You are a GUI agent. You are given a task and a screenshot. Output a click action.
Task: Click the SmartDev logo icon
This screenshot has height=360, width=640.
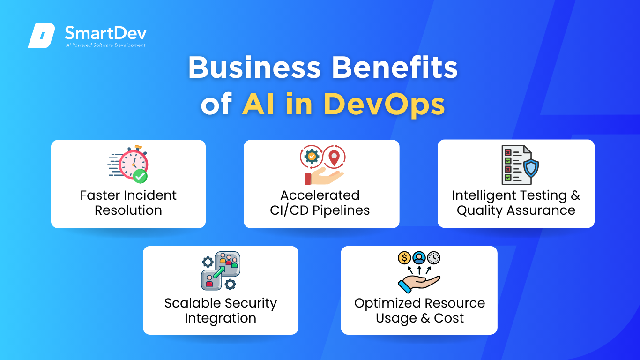click(x=41, y=36)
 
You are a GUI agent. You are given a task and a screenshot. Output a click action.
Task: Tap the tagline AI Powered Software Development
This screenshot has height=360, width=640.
click(x=105, y=45)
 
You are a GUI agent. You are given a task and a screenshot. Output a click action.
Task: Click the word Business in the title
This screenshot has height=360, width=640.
click(x=254, y=67)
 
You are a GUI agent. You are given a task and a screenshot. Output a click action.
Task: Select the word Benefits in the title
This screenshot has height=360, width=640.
click(x=394, y=67)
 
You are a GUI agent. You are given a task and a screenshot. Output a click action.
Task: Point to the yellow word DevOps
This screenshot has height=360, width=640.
click(x=384, y=105)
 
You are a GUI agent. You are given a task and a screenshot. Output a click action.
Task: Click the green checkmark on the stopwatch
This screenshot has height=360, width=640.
click(x=140, y=176)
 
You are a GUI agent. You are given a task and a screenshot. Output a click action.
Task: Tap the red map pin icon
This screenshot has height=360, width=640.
click(x=334, y=158)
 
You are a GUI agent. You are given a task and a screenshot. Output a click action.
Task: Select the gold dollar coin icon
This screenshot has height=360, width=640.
click(x=404, y=258)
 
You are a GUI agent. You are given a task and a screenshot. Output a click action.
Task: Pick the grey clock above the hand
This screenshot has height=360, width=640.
click(x=434, y=258)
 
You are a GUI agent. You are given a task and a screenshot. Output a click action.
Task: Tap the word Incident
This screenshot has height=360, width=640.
click(x=150, y=195)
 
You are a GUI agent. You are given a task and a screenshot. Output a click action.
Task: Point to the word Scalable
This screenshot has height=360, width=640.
click(x=193, y=303)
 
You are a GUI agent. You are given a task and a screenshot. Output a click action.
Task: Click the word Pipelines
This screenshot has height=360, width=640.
click(x=341, y=211)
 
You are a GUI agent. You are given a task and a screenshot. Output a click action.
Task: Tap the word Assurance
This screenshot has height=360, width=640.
click(x=541, y=211)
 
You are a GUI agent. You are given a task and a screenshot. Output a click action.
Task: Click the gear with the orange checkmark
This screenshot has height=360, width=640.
click(x=312, y=157)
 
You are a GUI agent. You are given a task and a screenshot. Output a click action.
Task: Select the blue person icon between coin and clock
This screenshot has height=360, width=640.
click(x=419, y=258)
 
